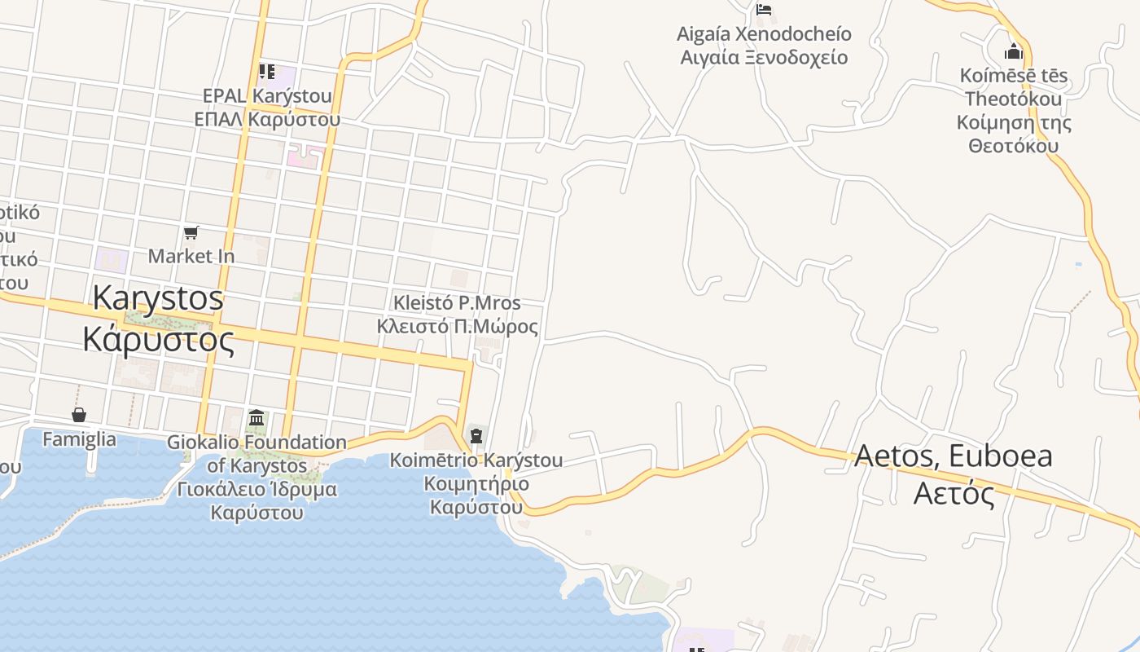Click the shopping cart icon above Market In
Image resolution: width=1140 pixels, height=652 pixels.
point(191,233)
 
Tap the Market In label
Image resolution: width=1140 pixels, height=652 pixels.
point(191,256)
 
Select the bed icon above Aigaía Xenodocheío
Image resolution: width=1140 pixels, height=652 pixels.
point(764,10)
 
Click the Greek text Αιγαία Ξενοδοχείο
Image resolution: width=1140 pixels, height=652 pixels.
point(764,58)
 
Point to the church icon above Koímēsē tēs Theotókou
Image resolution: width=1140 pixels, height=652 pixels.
point(1014,52)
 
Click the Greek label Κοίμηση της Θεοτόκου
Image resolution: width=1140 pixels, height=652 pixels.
point(1014,134)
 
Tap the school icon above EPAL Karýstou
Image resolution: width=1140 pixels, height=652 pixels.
point(266,72)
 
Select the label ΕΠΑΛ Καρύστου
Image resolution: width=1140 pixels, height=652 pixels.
point(267,119)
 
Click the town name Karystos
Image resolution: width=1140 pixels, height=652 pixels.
point(158,297)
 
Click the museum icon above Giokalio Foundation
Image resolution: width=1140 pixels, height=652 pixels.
point(256,418)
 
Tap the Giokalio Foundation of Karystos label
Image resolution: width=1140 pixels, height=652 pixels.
point(256,454)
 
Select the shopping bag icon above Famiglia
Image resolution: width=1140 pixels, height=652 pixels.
point(79,415)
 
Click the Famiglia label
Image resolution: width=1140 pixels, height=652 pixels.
point(79,439)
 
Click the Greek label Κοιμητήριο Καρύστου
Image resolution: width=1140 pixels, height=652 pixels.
point(476,496)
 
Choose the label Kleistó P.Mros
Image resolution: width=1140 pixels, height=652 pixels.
point(457,303)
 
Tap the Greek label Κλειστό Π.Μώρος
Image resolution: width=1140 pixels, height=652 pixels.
point(457,327)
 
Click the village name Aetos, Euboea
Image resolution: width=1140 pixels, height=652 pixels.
point(954,456)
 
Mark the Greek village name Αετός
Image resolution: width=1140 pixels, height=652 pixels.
point(954,493)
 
